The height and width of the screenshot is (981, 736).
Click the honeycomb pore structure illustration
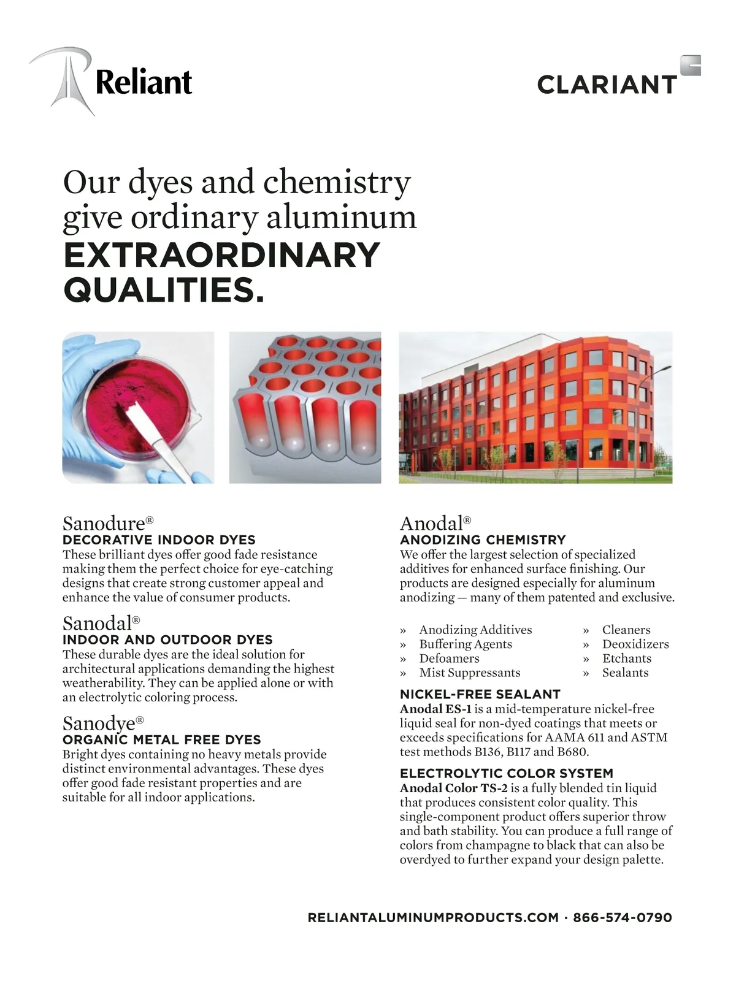pos(305,408)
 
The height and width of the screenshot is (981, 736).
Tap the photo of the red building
pos(535,408)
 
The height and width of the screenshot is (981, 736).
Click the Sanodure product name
pos(104,524)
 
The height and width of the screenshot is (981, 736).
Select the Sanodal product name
pos(98,624)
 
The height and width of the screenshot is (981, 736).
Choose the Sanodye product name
pos(99,723)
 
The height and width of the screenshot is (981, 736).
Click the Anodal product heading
pos(431,524)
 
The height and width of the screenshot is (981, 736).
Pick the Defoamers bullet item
pos(449,658)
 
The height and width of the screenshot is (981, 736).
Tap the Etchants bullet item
pos(626,658)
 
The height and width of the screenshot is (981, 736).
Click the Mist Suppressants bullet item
pos(469,673)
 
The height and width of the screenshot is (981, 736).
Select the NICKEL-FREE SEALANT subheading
pos(480,694)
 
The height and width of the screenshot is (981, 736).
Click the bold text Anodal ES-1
pos(435,709)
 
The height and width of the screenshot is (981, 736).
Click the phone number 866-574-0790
pos(622,918)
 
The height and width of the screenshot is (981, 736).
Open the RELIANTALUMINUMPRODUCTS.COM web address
pos(433,918)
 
